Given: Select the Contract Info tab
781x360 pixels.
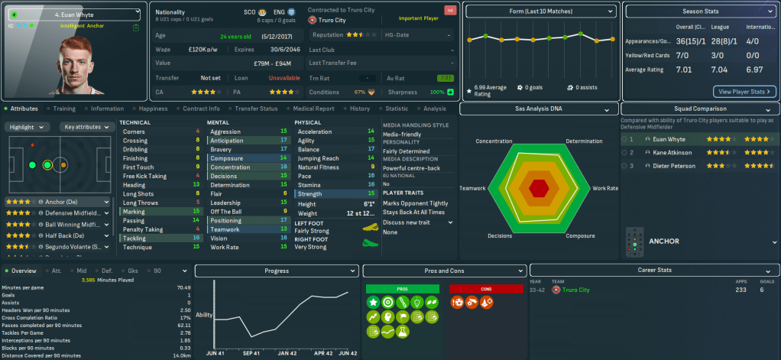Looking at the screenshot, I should tap(202, 109).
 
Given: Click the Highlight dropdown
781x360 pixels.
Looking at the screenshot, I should tap(29, 127).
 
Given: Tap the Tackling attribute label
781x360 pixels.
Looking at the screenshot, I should tap(134, 238).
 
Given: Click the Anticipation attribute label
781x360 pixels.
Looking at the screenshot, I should tap(226, 141).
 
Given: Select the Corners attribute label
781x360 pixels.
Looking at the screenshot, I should tap(134, 132).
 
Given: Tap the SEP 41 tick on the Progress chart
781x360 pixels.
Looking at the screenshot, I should tap(252, 353).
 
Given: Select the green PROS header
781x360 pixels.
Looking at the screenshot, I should tap(403, 289).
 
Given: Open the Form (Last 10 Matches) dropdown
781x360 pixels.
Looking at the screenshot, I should tap(541, 11).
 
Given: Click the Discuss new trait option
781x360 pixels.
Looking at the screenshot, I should tap(409, 222).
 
